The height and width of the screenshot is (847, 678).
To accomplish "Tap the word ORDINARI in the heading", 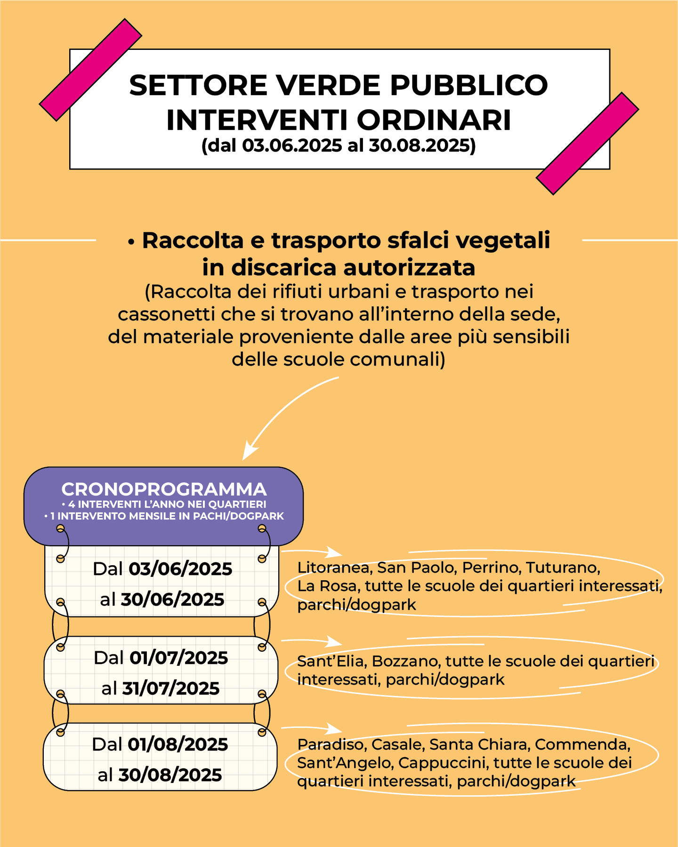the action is coord(434,120).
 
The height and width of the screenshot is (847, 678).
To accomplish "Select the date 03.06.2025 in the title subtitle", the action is coord(292,145).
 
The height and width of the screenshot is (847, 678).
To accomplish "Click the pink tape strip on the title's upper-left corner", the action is coord(90,70).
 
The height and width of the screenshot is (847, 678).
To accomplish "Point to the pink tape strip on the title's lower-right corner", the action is coord(587,144).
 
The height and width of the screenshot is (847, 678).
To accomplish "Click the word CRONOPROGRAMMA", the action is coord(164,489).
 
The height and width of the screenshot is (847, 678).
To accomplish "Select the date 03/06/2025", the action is coord(180,569).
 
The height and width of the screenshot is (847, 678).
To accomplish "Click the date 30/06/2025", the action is coord(172,599).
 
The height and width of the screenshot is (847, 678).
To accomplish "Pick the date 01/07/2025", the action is coord(179,658).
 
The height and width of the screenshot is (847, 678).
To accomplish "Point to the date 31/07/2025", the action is coord(171,688).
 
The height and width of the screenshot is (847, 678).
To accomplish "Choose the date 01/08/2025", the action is coord(178,744).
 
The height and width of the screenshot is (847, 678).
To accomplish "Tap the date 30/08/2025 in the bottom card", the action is coord(170,775).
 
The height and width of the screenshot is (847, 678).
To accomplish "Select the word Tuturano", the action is coord(562,567).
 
